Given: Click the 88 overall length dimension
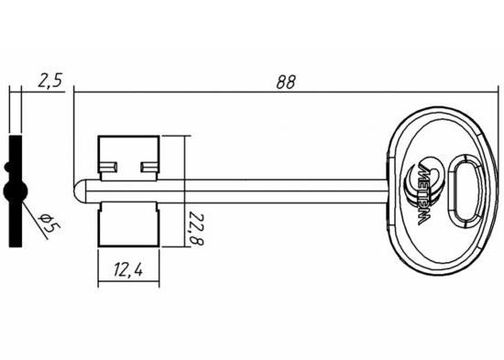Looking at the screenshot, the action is [285, 82].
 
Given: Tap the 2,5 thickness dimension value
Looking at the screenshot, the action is [49, 80].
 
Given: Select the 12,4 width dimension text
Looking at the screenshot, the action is [128, 269].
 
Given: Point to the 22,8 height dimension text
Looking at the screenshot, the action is [195, 228].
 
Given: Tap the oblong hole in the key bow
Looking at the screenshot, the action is [465, 191].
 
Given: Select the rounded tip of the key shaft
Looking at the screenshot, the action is [79, 191].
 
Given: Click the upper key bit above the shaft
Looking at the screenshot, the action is [128, 158].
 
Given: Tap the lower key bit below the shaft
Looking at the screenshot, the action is [128, 224].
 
